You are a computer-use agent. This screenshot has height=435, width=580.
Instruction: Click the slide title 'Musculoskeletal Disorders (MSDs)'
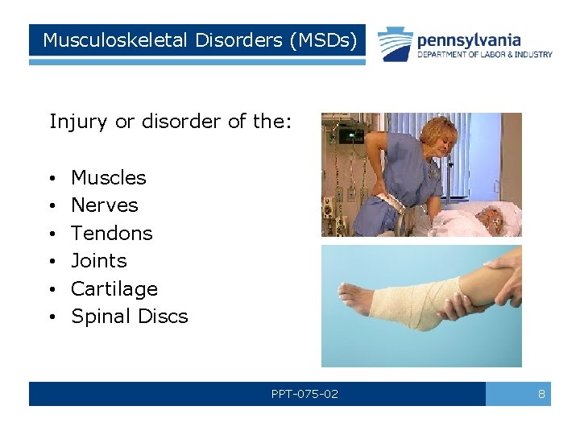tap(197, 40)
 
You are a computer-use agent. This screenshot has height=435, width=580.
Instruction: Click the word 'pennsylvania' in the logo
tap(468, 39)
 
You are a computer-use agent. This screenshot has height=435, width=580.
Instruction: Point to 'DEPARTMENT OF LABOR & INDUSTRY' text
tap(484, 55)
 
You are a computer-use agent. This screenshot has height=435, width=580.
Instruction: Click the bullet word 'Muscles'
tap(109, 177)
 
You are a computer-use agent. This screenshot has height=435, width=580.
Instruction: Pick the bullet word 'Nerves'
tap(105, 205)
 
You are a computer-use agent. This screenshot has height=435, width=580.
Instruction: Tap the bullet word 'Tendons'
tap(112, 233)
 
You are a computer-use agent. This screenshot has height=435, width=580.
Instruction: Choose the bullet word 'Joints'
tap(99, 261)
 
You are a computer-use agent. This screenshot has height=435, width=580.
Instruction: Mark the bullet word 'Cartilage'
tap(114, 288)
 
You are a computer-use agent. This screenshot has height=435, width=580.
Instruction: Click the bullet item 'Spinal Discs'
tap(130, 317)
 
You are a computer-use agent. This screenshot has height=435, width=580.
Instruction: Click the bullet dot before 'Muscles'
tap(51, 178)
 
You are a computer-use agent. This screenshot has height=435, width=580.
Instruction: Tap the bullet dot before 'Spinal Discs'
tap(51, 317)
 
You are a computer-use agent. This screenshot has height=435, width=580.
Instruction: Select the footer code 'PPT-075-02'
tap(304, 394)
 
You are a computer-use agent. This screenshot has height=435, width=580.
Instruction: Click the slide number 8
tap(541, 394)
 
